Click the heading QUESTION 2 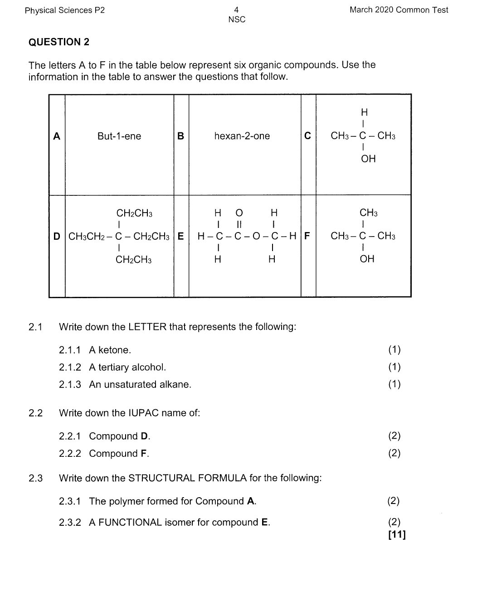click(x=59, y=42)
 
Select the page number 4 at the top click(x=236, y=10)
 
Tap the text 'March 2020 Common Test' click(x=399, y=10)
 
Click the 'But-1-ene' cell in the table click(x=119, y=136)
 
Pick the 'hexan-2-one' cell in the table click(x=242, y=136)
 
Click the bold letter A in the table click(x=57, y=136)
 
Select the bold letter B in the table click(x=180, y=136)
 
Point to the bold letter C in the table click(x=308, y=136)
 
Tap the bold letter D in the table click(x=57, y=236)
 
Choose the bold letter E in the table click(x=180, y=236)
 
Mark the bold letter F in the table click(x=307, y=236)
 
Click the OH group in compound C click(x=368, y=159)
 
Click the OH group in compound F click(x=367, y=259)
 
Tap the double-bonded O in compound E click(x=239, y=213)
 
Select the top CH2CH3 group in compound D click(x=134, y=213)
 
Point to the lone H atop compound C click(x=364, y=112)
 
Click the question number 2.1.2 click(x=70, y=367)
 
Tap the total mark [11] click(x=397, y=535)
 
